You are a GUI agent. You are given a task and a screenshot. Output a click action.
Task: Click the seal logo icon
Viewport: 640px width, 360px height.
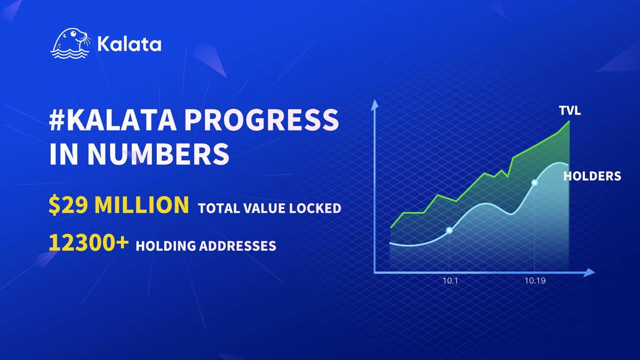coord(70,44)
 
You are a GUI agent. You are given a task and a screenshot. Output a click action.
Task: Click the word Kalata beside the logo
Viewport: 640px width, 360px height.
coord(130,44)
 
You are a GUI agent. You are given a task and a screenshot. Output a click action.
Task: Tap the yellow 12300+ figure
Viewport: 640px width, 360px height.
coord(89,243)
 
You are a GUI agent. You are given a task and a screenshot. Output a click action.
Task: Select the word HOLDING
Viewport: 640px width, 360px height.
coord(163,246)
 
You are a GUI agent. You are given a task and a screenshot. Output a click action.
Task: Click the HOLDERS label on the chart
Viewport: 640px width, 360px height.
coord(592,176)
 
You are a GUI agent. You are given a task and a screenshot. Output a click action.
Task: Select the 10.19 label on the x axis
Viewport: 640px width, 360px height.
coord(534,281)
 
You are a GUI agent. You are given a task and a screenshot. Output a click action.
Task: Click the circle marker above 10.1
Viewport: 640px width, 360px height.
coord(449,230)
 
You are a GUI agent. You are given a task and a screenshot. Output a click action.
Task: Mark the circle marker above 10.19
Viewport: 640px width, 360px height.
coord(534,183)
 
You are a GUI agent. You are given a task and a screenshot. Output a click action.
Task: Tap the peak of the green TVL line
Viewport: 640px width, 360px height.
coord(570,121)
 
